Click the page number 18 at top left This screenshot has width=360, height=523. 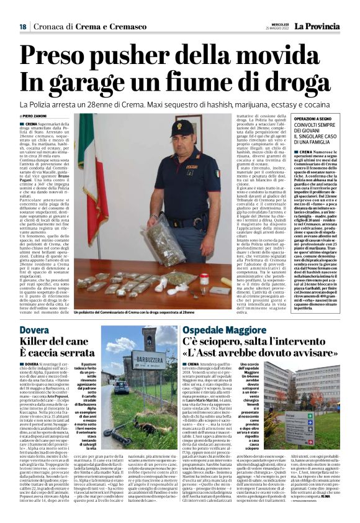pyautogui.click(x=22, y=27)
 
